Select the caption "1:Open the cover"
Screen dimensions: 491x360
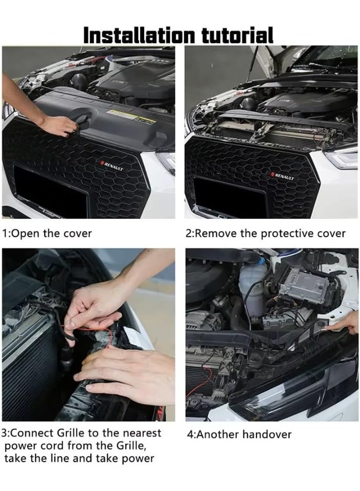tap(47, 233)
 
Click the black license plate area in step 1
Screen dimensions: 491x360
tap(49, 193)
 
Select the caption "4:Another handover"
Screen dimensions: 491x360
tap(239, 435)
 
